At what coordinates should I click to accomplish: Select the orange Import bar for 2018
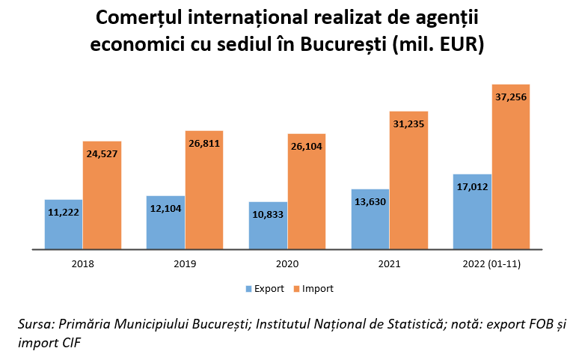[x=102, y=202]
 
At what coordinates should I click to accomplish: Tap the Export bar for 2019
[x=165, y=228]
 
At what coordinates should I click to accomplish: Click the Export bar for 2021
[x=370, y=225]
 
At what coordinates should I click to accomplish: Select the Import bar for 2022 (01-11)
[x=511, y=172]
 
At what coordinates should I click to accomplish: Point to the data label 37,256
[x=511, y=97]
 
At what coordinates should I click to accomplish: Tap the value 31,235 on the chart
[x=408, y=124]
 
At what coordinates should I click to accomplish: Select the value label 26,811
[x=204, y=143]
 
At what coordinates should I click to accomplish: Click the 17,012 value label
[x=472, y=186]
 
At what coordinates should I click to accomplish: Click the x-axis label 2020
[x=287, y=264]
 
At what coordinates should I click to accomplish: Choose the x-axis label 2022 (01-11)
[x=491, y=264]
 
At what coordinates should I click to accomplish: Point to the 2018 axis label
[x=83, y=264]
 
